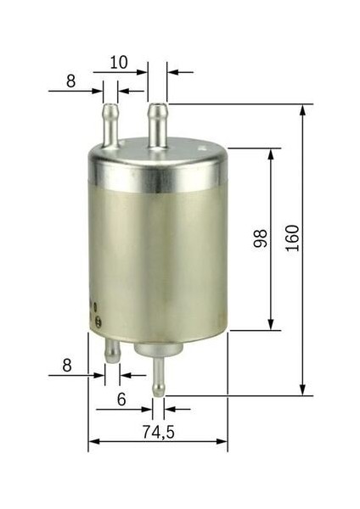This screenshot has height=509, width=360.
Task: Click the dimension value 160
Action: click(x=292, y=238)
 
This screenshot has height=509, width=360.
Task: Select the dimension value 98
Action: click(x=261, y=238)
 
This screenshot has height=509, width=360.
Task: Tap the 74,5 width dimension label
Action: click(x=159, y=432)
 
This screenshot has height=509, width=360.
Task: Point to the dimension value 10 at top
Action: click(x=119, y=62)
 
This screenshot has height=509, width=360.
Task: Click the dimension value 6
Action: click(x=121, y=400)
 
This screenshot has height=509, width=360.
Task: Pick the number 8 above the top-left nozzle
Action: click(x=70, y=81)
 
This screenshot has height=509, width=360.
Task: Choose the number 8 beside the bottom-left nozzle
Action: click(x=67, y=365)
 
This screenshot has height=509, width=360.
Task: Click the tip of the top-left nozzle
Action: click(x=110, y=104)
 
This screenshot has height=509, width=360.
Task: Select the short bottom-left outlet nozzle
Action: click(x=112, y=350)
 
